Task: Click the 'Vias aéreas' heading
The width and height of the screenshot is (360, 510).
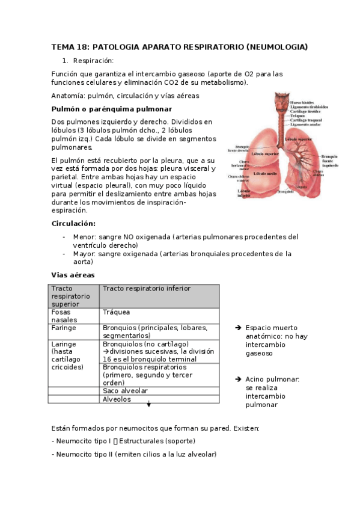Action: click(72, 275)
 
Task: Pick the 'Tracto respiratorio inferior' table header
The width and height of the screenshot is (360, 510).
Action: click(147, 289)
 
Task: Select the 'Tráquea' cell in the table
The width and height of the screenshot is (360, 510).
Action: click(117, 312)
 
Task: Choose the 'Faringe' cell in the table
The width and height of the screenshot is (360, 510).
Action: click(64, 328)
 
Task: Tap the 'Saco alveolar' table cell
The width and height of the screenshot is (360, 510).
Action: click(125, 391)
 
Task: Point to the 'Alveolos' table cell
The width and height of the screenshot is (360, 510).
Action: click(117, 399)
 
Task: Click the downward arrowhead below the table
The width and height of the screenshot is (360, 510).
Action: click(148, 405)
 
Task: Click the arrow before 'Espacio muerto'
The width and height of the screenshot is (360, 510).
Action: click(239, 328)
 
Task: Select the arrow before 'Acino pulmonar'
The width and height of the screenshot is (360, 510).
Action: click(239, 379)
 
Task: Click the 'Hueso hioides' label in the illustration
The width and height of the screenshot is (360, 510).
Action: click(303, 103)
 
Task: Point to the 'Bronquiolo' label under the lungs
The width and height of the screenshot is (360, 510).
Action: click(286, 192)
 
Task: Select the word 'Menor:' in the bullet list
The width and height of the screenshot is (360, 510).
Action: click(84, 237)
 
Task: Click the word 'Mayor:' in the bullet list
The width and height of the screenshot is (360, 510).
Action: click(84, 254)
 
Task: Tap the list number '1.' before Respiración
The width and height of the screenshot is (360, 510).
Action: click(66, 61)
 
